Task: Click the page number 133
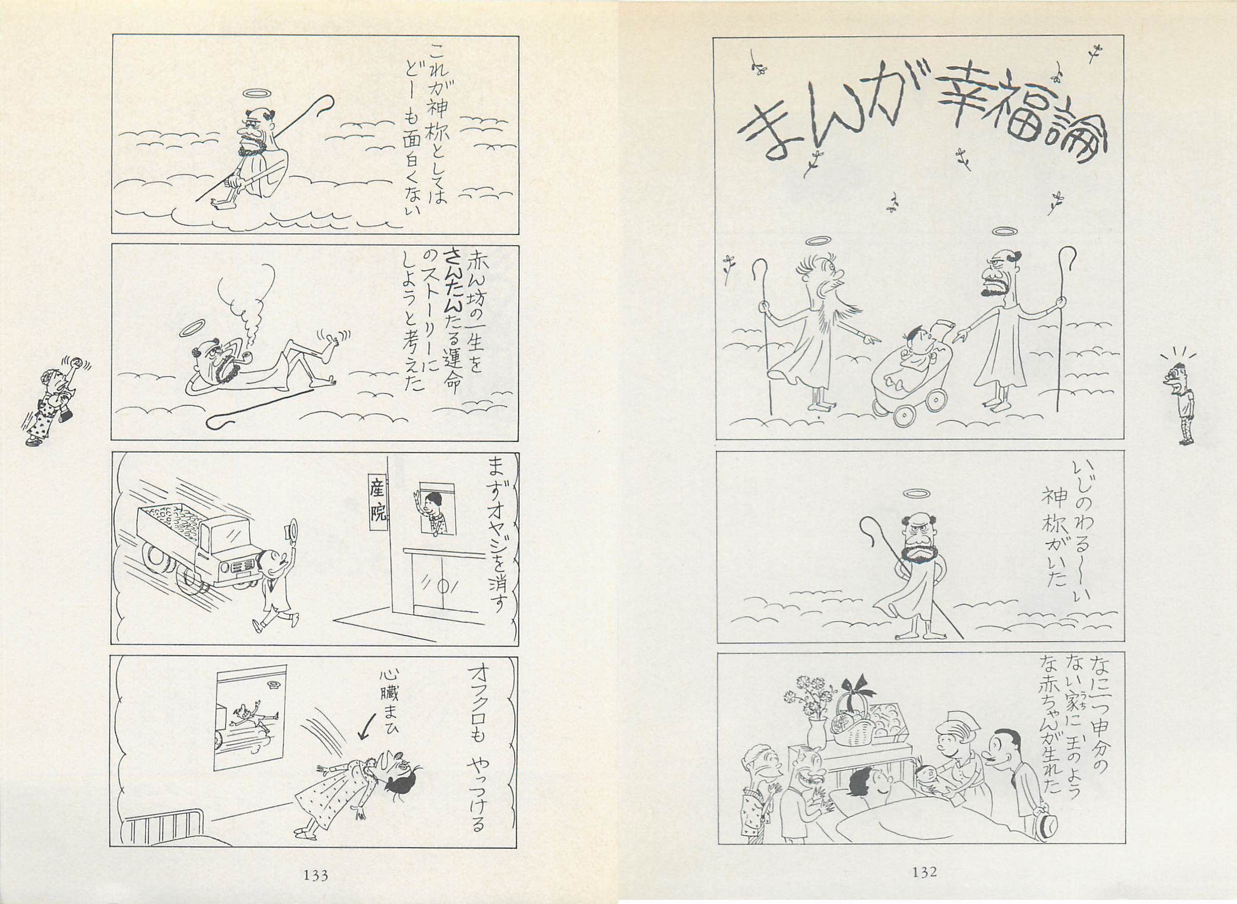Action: [x=316, y=875]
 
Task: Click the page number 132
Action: [x=924, y=872]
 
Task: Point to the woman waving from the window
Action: [x=435, y=512]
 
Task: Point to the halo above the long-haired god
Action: [x=817, y=241]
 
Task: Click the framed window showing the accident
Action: [x=251, y=717]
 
